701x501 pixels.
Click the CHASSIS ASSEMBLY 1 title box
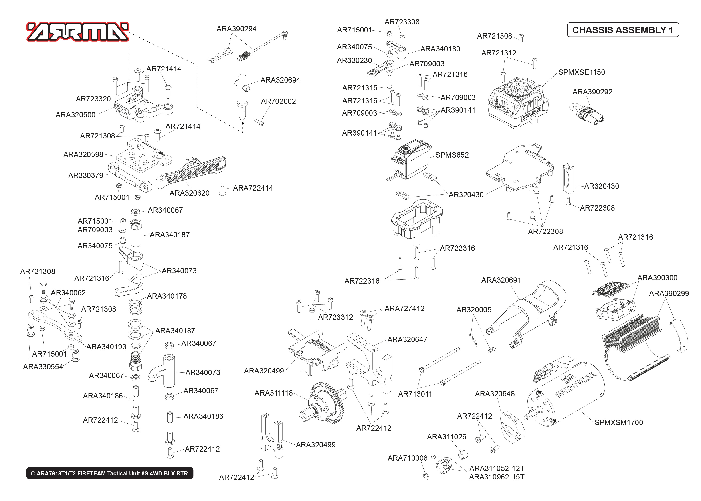[622, 30]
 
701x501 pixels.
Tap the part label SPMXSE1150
[581, 72]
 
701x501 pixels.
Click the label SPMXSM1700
[618, 422]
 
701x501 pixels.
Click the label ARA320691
[501, 280]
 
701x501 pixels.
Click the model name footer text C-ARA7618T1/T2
[109, 473]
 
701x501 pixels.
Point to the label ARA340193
[106, 347]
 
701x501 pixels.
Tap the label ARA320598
[83, 154]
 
